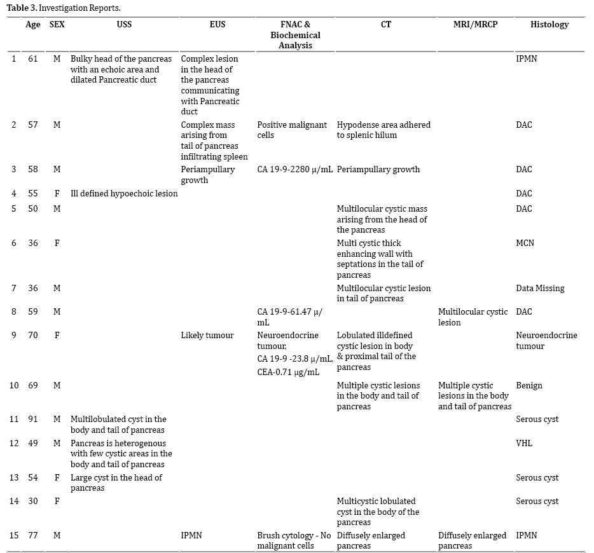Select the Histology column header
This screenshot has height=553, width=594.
[x=549, y=25]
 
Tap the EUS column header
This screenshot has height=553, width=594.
[x=218, y=25]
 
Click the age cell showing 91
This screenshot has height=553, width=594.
[x=33, y=420]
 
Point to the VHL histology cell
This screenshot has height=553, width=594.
[x=524, y=443]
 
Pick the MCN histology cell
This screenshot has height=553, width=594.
[x=525, y=243]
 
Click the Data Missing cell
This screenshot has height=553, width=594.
[x=540, y=288]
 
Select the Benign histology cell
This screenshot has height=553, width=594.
[x=529, y=385]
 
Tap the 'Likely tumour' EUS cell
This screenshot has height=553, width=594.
[x=207, y=335]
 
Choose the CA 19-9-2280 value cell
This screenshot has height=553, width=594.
[x=295, y=170]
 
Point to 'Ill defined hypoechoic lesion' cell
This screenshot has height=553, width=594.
[x=124, y=194]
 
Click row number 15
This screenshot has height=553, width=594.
[x=14, y=536]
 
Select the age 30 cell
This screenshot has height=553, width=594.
[x=33, y=502]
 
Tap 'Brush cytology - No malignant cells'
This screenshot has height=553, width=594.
[x=294, y=540]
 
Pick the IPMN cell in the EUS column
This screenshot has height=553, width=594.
[x=191, y=536]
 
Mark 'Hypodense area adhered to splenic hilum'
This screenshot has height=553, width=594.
[x=383, y=130]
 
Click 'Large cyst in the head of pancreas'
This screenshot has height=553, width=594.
[x=116, y=482]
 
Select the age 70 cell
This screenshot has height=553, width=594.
[x=33, y=335]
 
